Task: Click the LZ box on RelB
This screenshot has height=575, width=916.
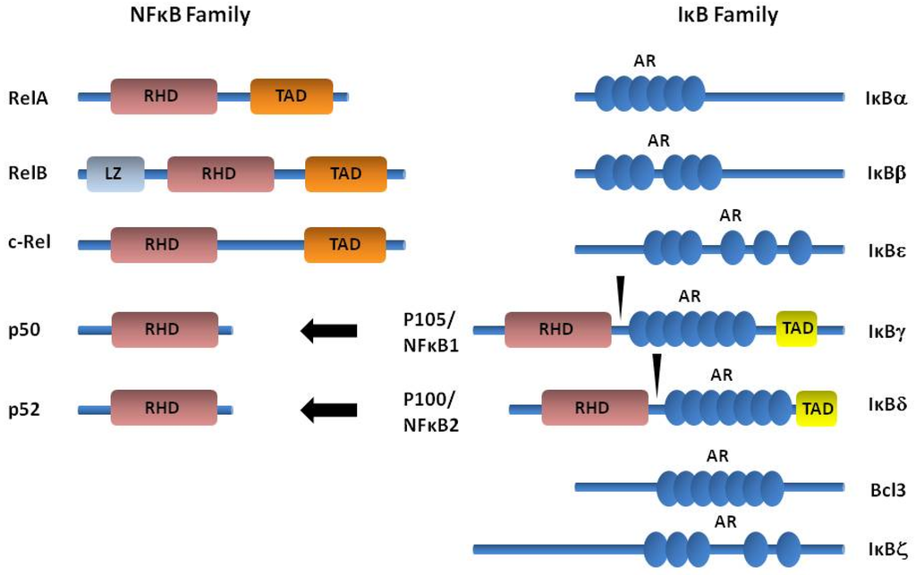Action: [114, 174]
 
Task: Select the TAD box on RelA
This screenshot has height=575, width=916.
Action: [292, 97]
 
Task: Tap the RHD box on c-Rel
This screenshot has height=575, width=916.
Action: [164, 245]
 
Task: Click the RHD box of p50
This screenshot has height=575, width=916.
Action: [165, 330]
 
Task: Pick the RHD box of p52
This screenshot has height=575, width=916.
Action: [165, 408]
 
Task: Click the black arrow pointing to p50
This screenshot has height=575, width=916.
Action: [328, 331]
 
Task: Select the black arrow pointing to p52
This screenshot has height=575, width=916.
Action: [328, 410]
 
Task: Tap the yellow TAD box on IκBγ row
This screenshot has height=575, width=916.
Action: [797, 328]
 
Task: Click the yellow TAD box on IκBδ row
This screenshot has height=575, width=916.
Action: [817, 409]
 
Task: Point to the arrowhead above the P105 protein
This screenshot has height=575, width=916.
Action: [620, 295]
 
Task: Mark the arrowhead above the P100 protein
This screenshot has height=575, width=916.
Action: [657, 374]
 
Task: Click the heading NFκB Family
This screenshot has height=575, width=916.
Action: [191, 14]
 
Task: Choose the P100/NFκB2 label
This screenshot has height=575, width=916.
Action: [431, 410]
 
